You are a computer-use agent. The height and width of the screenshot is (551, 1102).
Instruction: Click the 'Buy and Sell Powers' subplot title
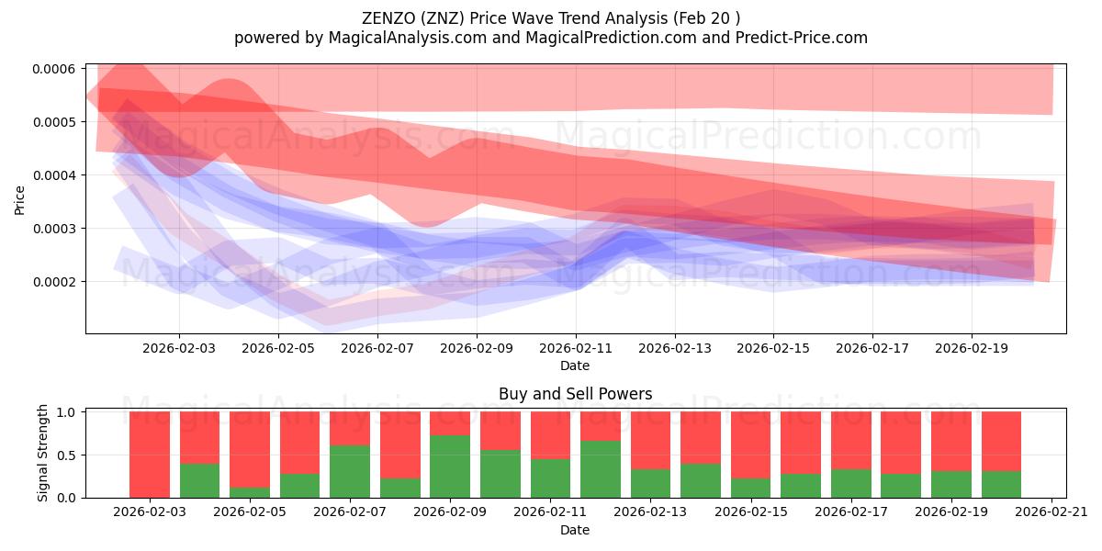point(575,394)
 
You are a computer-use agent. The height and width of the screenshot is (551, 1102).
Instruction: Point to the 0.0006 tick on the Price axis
point(56,69)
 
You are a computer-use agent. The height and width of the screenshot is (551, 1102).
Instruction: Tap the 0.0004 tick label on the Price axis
point(56,175)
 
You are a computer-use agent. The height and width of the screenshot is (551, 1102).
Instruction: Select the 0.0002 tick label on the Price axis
point(56,282)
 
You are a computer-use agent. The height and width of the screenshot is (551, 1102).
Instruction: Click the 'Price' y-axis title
point(20,199)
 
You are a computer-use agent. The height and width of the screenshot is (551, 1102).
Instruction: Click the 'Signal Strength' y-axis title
point(43,453)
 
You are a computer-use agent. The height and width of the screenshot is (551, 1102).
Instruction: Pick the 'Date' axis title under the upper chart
point(575,365)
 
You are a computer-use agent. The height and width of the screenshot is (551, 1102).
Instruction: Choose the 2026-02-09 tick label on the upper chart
point(477,349)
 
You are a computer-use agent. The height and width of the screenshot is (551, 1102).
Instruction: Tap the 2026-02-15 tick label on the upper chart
point(773,349)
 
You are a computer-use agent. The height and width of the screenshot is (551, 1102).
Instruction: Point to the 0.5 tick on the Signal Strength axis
point(69,455)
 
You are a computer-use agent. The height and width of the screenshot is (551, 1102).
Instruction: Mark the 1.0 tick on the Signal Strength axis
point(69,412)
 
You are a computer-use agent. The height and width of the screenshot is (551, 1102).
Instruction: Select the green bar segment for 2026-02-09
point(450,467)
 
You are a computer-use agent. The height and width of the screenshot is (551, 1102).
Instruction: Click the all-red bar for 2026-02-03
point(150,455)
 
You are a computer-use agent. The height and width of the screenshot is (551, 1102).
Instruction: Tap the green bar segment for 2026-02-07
point(350,471)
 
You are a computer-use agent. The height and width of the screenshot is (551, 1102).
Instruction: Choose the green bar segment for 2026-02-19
point(950,484)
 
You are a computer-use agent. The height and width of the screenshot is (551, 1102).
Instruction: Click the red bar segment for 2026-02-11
point(550,434)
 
